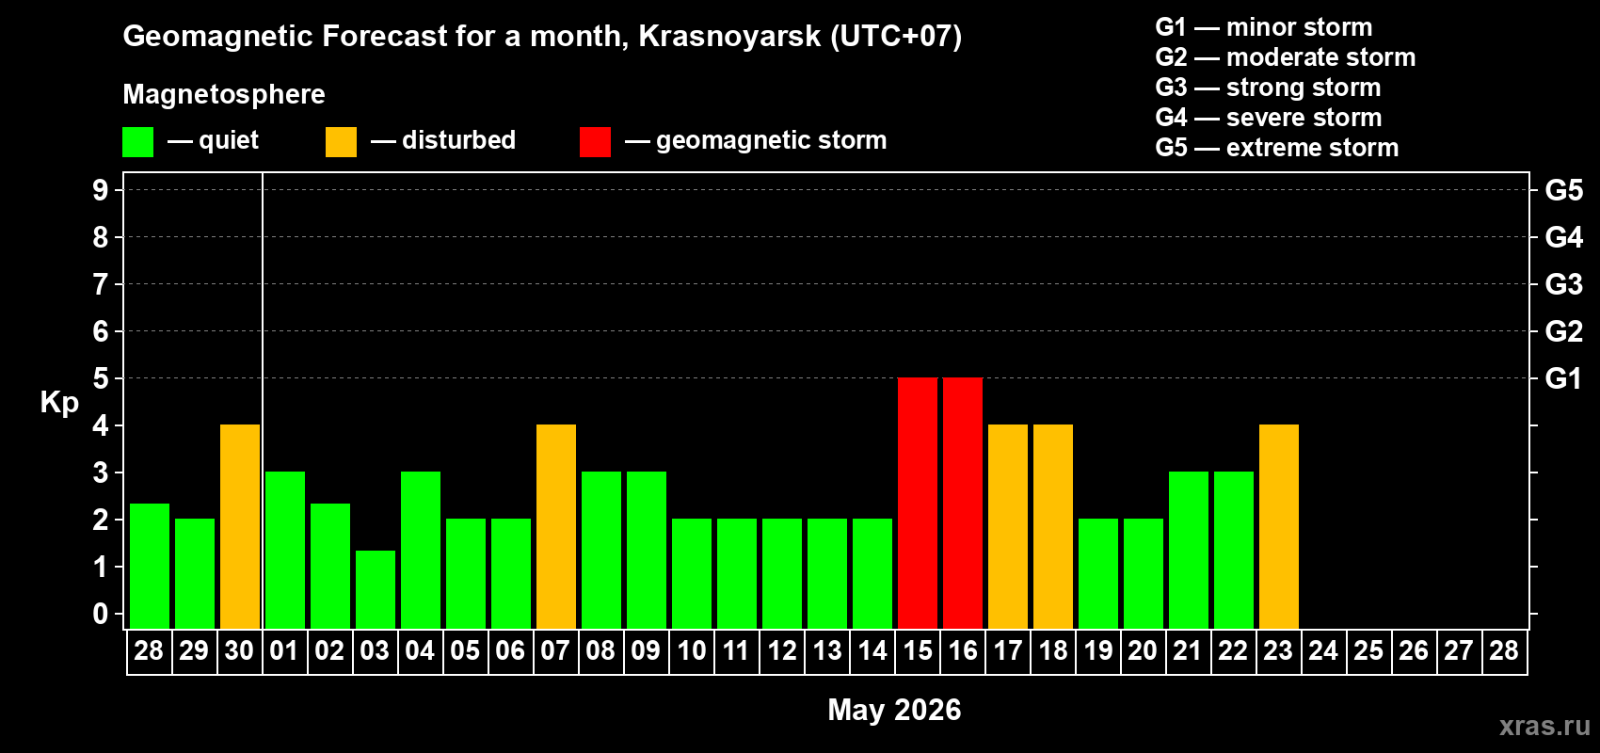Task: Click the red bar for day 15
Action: coord(918,503)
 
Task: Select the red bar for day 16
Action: coord(963,503)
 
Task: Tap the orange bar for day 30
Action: coord(240,526)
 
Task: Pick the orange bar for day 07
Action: coord(556,526)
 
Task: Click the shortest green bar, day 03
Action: coord(376,589)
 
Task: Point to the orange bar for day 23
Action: coord(1279,526)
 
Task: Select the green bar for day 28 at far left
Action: coord(150,566)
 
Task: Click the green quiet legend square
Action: coord(138,142)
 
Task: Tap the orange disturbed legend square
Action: coord(341,142)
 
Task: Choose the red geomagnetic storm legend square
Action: coord(595,142)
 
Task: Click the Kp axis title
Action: coord(59,403)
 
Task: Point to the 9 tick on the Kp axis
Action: coord(101,190)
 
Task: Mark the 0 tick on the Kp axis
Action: coord(101,615)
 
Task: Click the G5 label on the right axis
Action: coord(1563,190)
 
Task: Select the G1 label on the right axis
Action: coord(1563,378)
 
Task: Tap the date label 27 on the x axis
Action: coord(1458,651)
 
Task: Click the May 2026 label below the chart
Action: coord(894,710)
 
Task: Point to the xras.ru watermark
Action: coord(1544,726)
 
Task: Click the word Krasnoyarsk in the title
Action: coord(729,37)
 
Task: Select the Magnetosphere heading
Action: coord(224,94)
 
